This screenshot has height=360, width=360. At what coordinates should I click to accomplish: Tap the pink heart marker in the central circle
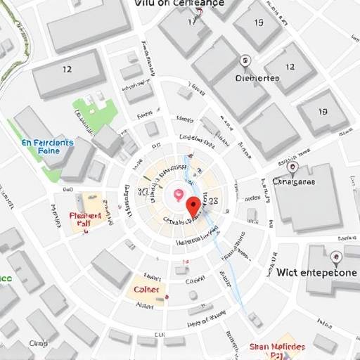pyautogui.click(x=179, y=194)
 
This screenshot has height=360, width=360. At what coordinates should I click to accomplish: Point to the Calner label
pyautogui.click(x=147, y=289)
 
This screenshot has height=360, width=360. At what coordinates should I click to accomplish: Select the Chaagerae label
pyautogui.click(x=294, y=181)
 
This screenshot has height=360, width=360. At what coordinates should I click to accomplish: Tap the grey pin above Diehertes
pyautogui.click(x=245, y=62)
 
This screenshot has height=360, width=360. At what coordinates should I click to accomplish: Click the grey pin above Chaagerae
pyautogui.click(x=292, y=167)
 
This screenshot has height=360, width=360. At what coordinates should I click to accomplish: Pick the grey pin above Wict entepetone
pyautogui.click(x=336, y=257)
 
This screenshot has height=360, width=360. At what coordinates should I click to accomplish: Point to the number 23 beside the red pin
pyautogui.click(x=213, y=200)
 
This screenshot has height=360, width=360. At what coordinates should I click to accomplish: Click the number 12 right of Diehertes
pyautogui.click(x=290, y=68)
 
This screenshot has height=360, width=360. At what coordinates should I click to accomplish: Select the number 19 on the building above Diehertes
pyautogui.click(x=258, y=22)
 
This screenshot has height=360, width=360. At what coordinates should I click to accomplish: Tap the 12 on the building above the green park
pyautogui.click(x=67, y=70)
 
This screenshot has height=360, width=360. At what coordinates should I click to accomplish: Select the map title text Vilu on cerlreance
pyautogui.click(x=179, y=4)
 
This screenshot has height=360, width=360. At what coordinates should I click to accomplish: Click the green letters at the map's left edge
pyautogui.click(x=4, y=278)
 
